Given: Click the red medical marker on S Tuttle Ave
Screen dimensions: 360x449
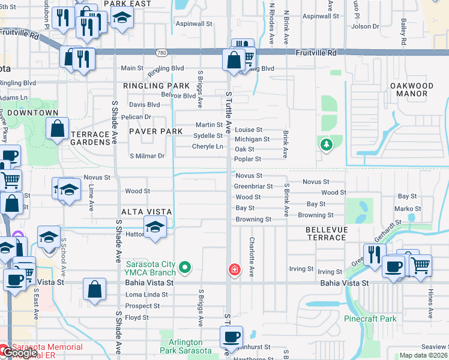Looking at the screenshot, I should coord(234,270).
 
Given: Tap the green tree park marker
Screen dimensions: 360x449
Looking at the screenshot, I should coord(326,145).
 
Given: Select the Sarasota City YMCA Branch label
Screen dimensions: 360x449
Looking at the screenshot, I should coord(151,268).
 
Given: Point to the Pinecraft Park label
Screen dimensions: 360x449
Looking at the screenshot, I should coord(370,319).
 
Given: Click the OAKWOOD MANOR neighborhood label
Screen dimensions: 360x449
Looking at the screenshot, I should coord(412,89).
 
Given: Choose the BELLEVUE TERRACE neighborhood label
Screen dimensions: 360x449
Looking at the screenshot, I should coord(326,233).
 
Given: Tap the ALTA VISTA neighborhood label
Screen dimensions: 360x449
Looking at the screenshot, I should coord(146,212).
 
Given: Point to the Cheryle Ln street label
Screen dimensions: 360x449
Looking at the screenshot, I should coord(207,146).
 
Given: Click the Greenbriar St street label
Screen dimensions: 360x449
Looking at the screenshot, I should coord(253,187).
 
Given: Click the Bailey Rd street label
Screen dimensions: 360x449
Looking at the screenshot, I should coord(404,32).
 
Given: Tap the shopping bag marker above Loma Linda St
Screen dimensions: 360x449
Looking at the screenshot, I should coord(95,289).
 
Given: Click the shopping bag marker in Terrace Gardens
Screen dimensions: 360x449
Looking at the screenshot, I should coord(57,128).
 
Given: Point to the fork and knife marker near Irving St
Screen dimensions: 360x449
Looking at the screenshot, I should coord(373,254).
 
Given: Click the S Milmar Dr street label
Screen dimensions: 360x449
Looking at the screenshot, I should coord(147,156).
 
